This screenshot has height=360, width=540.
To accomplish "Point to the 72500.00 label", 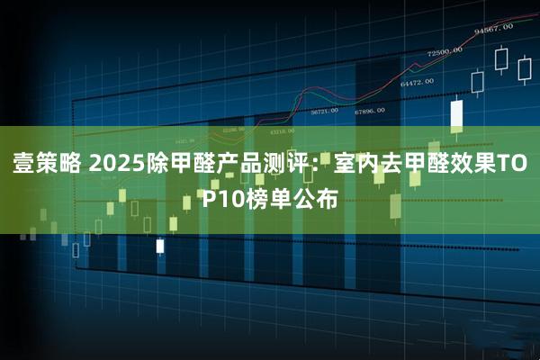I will coord(445,51).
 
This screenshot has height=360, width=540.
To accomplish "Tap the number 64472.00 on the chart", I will coord(417,83).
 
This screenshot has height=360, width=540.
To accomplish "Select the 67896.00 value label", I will coord(370,111).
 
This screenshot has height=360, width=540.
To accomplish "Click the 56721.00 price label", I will coord(324,111).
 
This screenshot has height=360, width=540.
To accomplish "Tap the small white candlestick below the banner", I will coord(160,245).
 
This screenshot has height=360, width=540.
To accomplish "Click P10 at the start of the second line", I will coord(221,199).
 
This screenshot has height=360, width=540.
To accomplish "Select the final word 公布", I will coord(316,199).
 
